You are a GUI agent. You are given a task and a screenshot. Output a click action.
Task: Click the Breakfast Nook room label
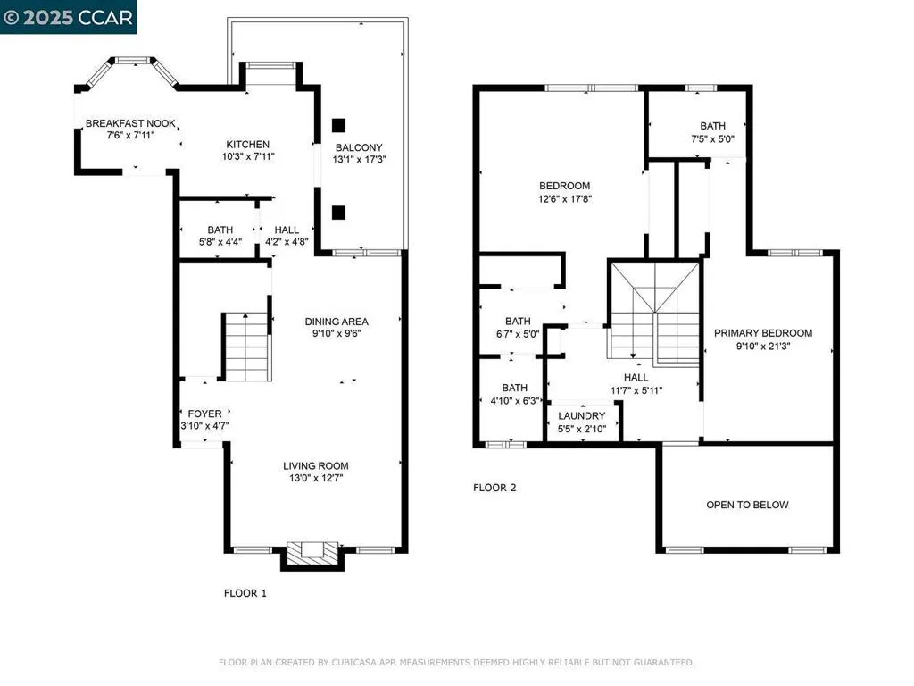[130, 123]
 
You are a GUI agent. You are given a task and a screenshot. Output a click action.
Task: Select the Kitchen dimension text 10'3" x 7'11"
[247, 156]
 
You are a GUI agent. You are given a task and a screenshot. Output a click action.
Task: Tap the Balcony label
[359, 147]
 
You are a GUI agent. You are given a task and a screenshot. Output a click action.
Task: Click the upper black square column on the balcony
[339, 125]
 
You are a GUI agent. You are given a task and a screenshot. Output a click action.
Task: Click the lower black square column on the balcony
[339, 212]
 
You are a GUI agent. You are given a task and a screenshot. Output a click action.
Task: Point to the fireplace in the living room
[312, 551]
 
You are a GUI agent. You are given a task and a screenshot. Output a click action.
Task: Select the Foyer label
[204, 414]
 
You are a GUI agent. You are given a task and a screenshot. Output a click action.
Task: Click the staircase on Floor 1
[245, 347]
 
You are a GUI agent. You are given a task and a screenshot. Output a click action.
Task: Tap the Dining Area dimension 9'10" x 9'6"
[337, 333]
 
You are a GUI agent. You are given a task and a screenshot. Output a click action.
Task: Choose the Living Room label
[316, 465]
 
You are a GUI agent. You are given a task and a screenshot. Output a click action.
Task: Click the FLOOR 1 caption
[245, 593]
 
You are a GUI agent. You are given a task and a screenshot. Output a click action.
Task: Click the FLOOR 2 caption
[494, 488]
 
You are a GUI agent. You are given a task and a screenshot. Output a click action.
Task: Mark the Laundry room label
[582, 416]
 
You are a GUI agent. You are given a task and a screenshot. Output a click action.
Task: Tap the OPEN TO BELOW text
[747, 505]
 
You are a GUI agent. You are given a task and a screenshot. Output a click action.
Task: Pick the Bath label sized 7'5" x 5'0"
[712, 126]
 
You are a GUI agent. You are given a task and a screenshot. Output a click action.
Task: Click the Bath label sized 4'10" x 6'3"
[514, 388]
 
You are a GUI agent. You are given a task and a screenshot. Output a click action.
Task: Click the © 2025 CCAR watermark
[69, 17]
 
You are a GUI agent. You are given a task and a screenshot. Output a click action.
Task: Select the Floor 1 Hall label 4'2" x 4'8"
[287, 230]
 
